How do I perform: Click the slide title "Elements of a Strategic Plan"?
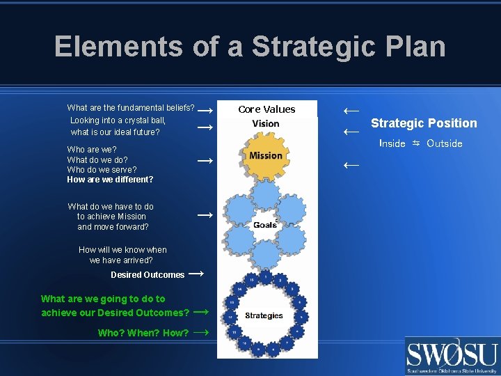coord(250,47)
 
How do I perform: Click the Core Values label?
coord(267,109)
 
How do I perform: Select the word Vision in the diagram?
coord(266,124)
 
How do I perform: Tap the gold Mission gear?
coord(266,155)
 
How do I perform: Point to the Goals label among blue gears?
coord(265,224)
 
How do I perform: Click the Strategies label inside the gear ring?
coord(264,315)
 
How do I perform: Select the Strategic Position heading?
coord(424,123)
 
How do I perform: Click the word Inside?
coord(392,143)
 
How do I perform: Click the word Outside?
coord(444,143)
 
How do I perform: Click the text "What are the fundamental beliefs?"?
coord(130,108)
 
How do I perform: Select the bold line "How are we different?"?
coord(110,180)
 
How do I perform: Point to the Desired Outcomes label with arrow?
coord(148,274)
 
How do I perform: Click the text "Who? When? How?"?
coord(143,333)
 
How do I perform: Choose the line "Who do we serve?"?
coord(102,169)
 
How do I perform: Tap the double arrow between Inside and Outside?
coord(416,143)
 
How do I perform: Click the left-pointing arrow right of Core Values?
coord(351,110)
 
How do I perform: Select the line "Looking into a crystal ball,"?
coord(118,120)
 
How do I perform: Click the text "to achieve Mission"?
coord(111,217)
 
